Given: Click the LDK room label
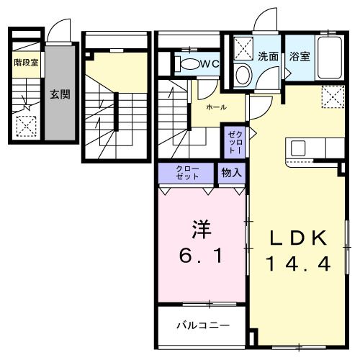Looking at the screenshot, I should click(300, 238).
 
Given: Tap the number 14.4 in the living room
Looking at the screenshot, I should click(300, 264).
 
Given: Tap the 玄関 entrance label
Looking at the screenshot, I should click(60, 94).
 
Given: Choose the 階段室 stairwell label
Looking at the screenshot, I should click(26, 63).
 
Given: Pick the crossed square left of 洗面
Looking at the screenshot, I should click(243, 50).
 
